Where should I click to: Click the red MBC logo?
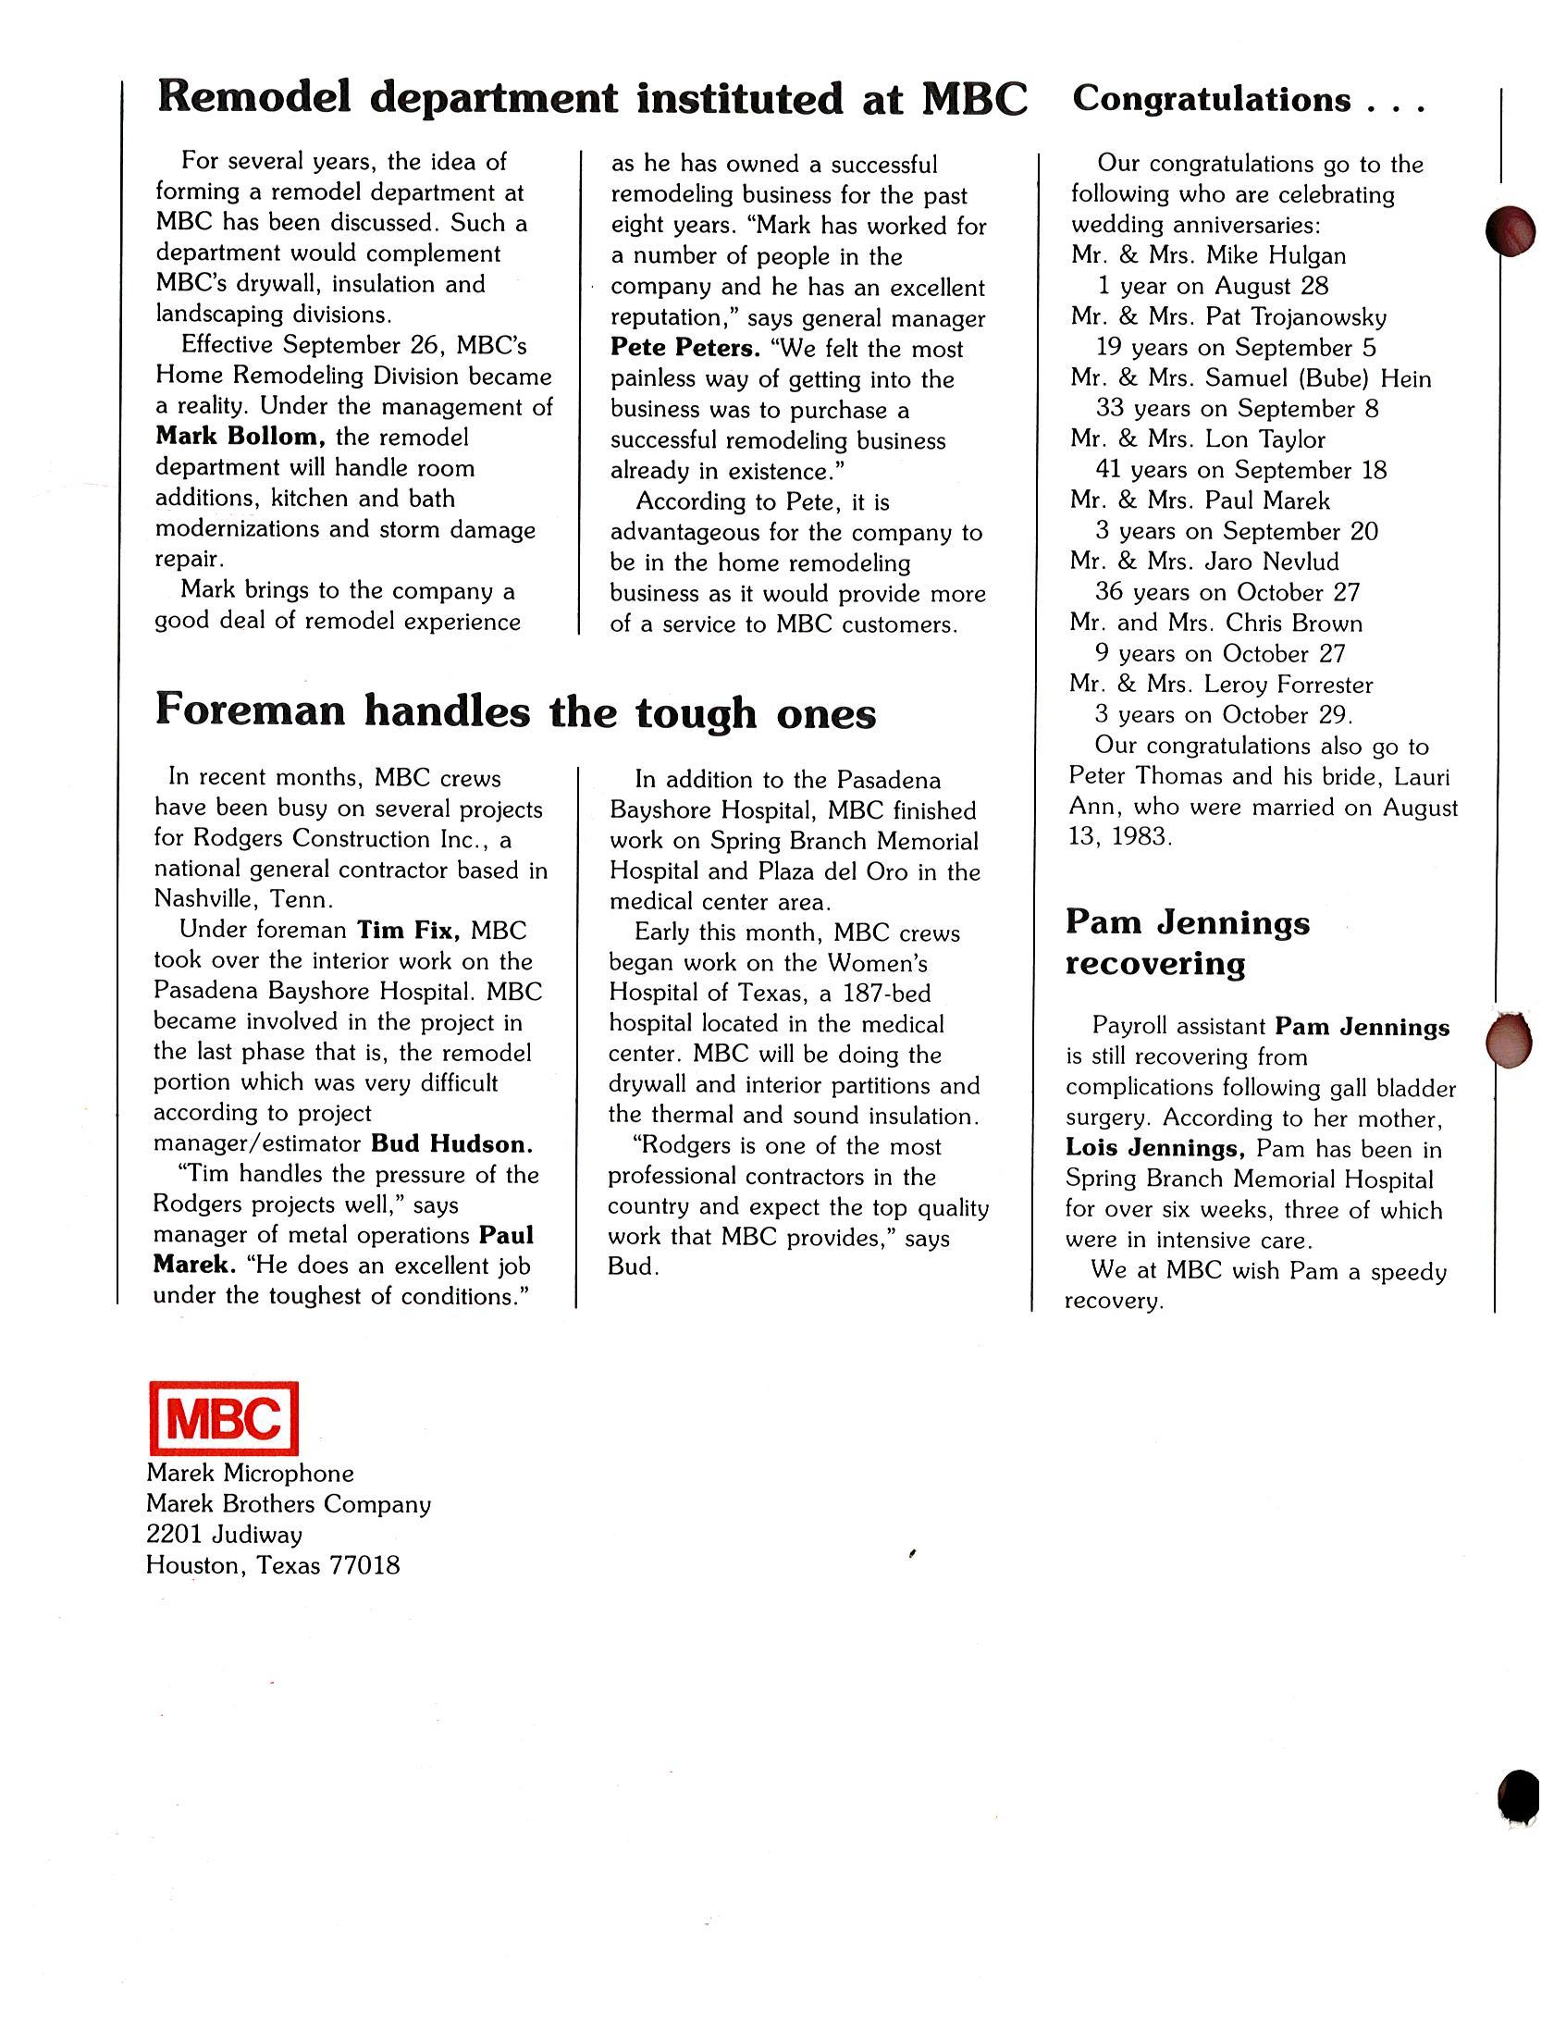[x=223, y=1418]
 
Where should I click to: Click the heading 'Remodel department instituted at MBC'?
[x=593, y=99]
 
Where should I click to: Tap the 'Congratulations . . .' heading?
[x=1248, y=99]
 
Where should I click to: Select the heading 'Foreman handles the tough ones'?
[x=514, y=712]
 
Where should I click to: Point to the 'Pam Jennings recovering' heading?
[x=1187, y=943]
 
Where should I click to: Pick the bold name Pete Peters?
[x=685, y=349]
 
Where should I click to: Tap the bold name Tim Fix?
[x=409, y=930]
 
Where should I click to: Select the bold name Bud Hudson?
[x=451, y=1143]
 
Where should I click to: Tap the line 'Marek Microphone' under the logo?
[x=250, y=1474]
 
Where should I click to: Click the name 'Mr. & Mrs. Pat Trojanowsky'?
[x=1228, y=317]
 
